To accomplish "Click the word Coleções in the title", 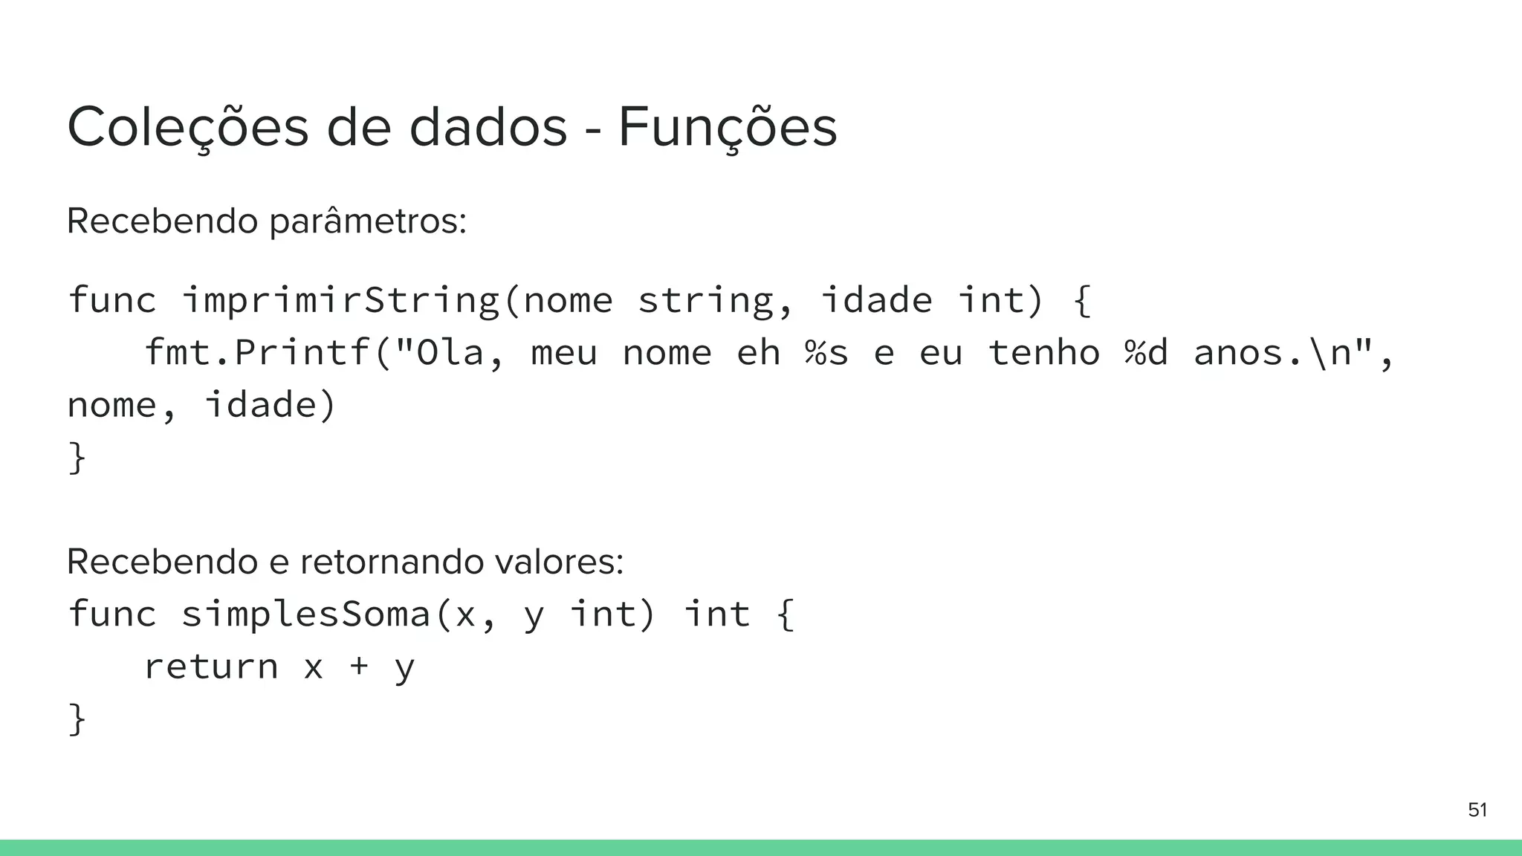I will point(187,128).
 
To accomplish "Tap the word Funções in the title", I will point(727,128).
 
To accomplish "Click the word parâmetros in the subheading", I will point(367,221).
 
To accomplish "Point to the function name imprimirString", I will point(340,300).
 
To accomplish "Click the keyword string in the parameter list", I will point(705,300).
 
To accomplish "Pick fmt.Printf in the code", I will point(257,352).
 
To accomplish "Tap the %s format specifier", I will point(826,352).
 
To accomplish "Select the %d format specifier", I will point(1146,352).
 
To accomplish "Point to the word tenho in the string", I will point(1043,352).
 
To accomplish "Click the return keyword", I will point(211,667).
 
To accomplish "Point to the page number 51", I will point(1477,810).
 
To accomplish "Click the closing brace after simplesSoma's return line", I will point(77,719).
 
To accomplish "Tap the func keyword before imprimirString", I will point(112,300).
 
